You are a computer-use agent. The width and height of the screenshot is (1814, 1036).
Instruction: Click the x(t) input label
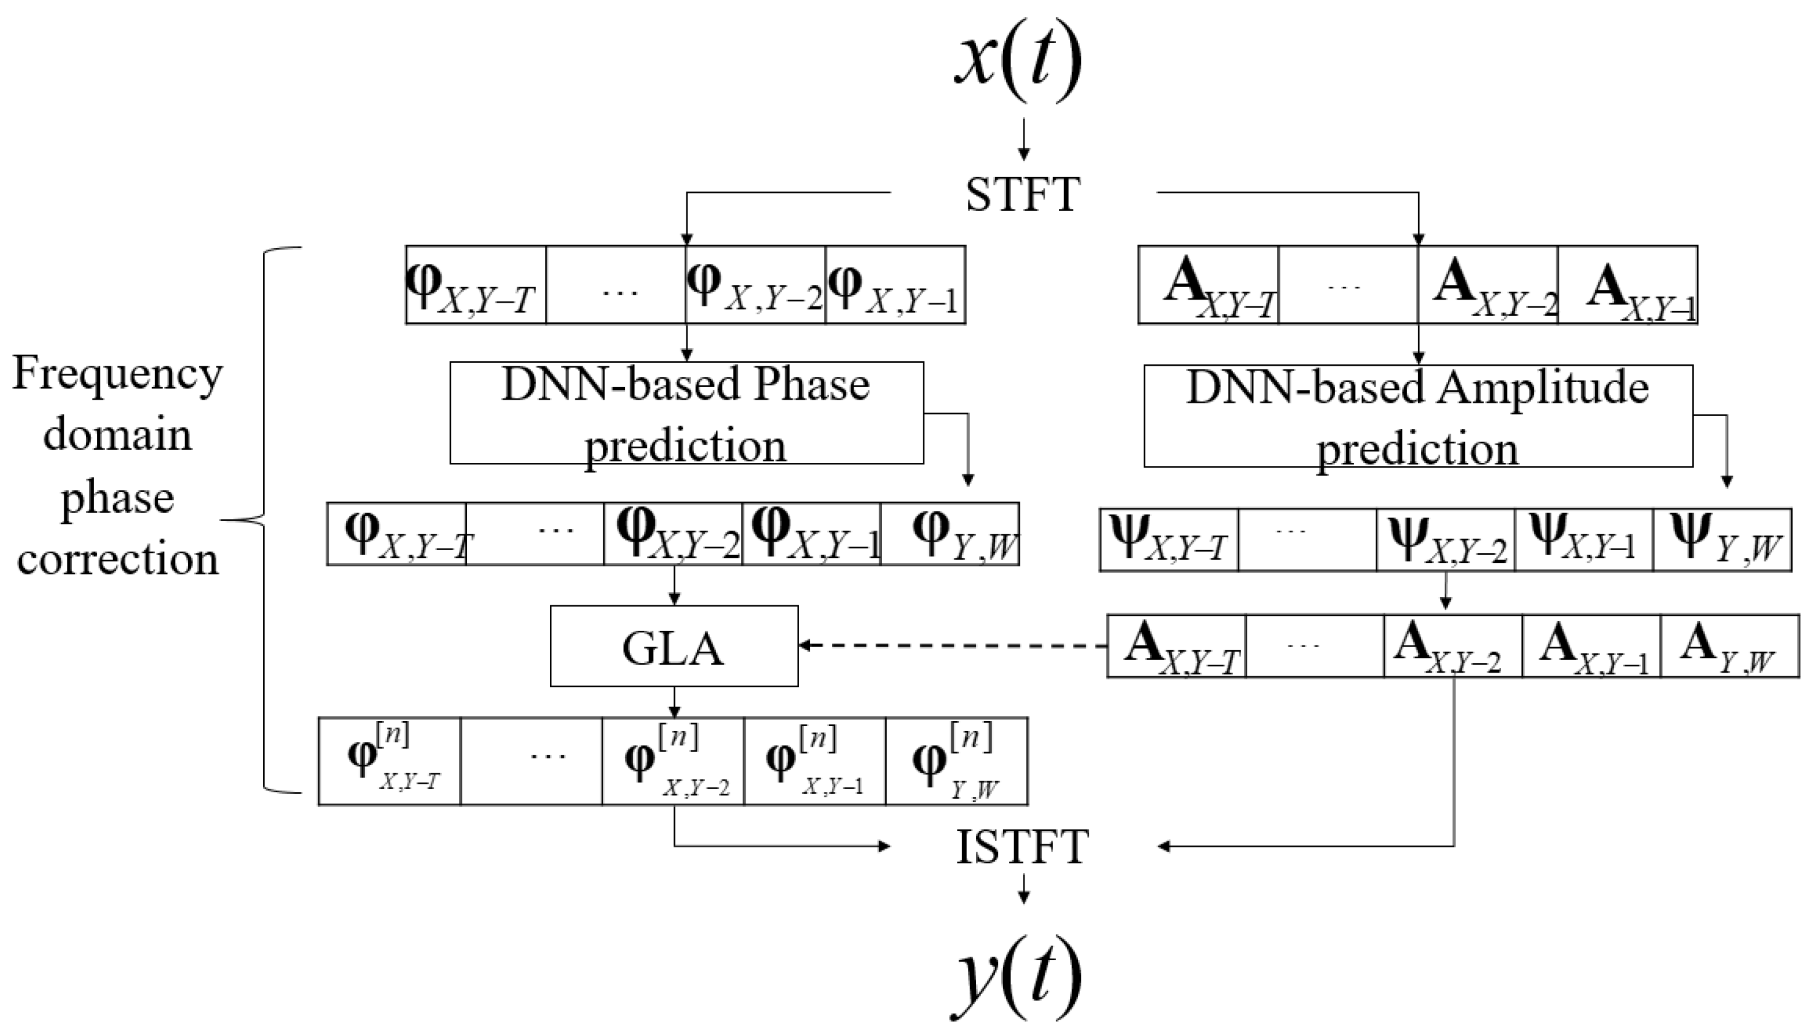1019,61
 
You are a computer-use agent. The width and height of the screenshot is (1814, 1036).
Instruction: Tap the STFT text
1023,193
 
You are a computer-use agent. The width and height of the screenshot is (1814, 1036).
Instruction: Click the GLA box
674,646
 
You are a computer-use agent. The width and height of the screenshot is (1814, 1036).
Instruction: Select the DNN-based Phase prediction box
686,412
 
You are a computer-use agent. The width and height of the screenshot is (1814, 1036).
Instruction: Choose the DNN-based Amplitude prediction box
1417,416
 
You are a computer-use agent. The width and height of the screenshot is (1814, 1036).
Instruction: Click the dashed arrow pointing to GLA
953,645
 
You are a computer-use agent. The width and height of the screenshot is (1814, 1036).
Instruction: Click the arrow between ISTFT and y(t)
1023,889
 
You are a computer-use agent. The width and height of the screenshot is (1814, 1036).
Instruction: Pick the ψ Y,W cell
1722,540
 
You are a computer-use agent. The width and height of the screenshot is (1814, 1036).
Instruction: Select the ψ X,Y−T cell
1168,540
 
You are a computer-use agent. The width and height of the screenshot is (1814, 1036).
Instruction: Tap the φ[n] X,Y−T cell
389,761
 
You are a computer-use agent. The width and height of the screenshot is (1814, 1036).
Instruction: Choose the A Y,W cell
1729,646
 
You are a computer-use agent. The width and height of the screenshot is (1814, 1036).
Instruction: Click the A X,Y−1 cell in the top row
1627,285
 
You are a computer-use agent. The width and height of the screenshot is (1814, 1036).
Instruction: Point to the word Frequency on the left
118,373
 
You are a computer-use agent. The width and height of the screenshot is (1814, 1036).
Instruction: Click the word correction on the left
118,559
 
